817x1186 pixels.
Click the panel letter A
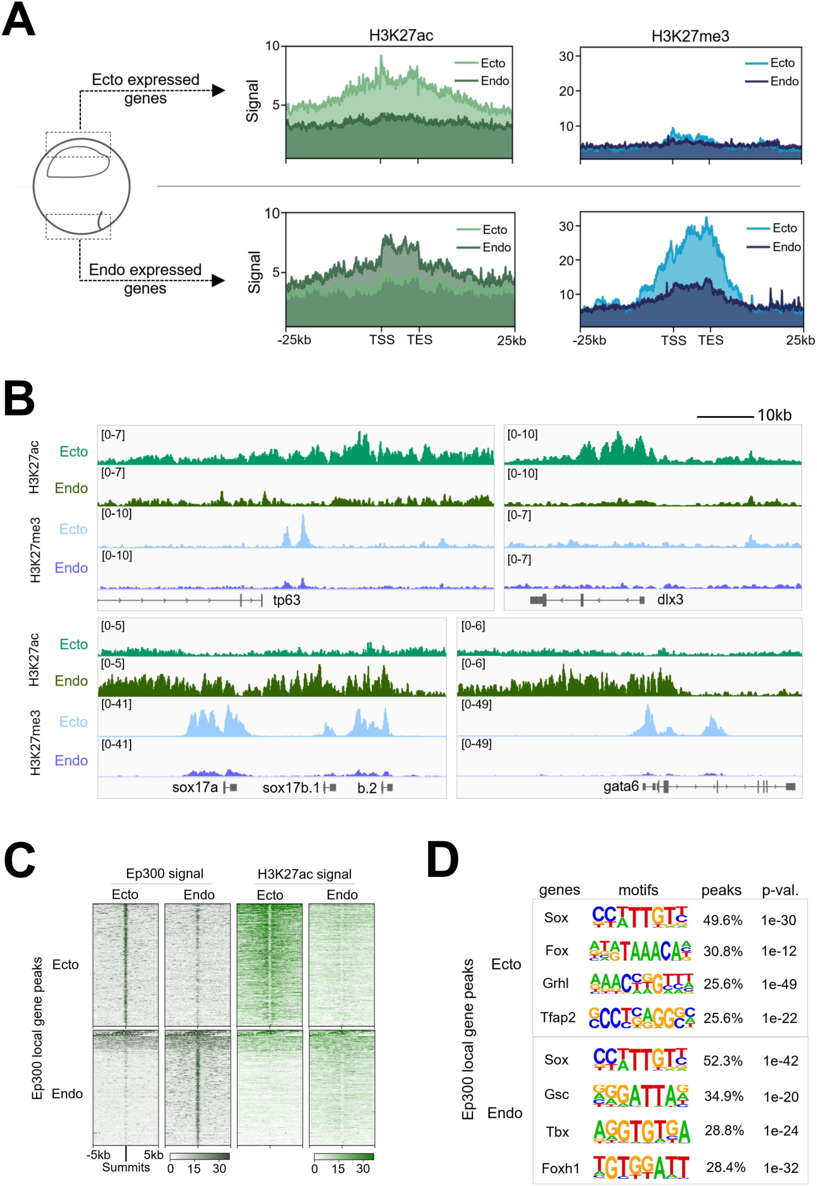pos(19,20)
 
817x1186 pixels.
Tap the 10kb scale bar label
pos(774,415)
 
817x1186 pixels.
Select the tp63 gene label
pos(287,600)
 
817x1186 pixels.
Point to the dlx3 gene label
pos(670,600)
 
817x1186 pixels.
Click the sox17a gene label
pos(195,787)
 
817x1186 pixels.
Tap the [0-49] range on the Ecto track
pos(476,704)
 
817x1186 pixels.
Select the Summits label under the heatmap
pos(126,1167)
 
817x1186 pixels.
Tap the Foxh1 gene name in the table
pos(560,1169)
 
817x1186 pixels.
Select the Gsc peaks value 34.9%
pos(723,1096)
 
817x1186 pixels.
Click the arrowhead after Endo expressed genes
pos(219,280)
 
